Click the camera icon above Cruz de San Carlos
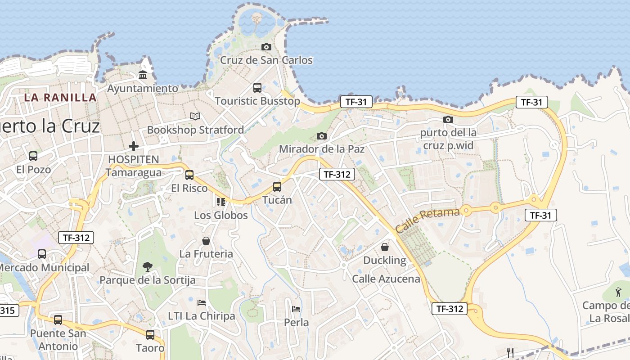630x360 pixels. point(266,47)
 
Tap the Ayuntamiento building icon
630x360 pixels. point(143,75)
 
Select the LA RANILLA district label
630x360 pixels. point(60,97)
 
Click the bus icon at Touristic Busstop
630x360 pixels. point(257,87)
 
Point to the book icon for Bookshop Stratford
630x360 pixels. point(195,116)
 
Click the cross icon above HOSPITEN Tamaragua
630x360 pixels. point(134,146)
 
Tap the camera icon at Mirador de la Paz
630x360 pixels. point(321,135)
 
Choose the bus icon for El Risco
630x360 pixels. point(189,175)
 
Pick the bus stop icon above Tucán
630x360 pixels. point(277,186)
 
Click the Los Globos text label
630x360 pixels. point(221,215)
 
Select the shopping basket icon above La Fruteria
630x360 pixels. point(206,241)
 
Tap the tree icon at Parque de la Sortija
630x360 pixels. point(147,267)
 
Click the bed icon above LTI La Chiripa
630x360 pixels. point(202,303)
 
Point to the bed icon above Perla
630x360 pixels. point(296,309)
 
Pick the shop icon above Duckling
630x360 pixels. point(385,247)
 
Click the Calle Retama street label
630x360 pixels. point(427,220)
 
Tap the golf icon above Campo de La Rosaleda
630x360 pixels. point(618,292)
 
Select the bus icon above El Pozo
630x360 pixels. point(33,156)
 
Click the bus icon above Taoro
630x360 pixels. point(150,334)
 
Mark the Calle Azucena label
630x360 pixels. point(386,279)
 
